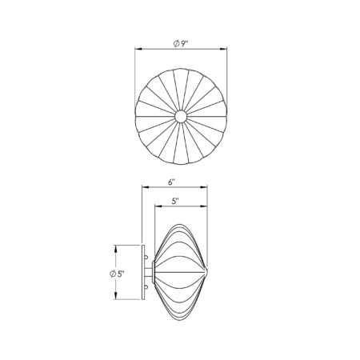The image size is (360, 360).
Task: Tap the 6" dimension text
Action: pos(172,182)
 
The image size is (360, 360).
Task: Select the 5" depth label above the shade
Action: pos(175,202)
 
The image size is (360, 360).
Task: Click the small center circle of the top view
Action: pos(181,117)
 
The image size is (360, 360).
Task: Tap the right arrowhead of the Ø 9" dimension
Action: pos(226,50)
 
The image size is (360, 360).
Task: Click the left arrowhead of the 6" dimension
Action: pos(143,190)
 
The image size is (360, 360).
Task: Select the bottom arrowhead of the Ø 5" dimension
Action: pos(118,298)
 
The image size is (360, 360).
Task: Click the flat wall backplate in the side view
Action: pos(143,273)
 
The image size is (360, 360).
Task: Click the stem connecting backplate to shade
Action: pos(150,273)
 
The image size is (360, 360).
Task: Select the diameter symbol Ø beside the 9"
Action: pos(176,42)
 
